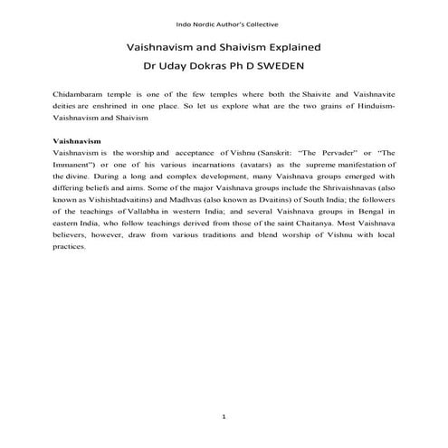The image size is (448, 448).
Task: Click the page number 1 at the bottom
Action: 223,416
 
